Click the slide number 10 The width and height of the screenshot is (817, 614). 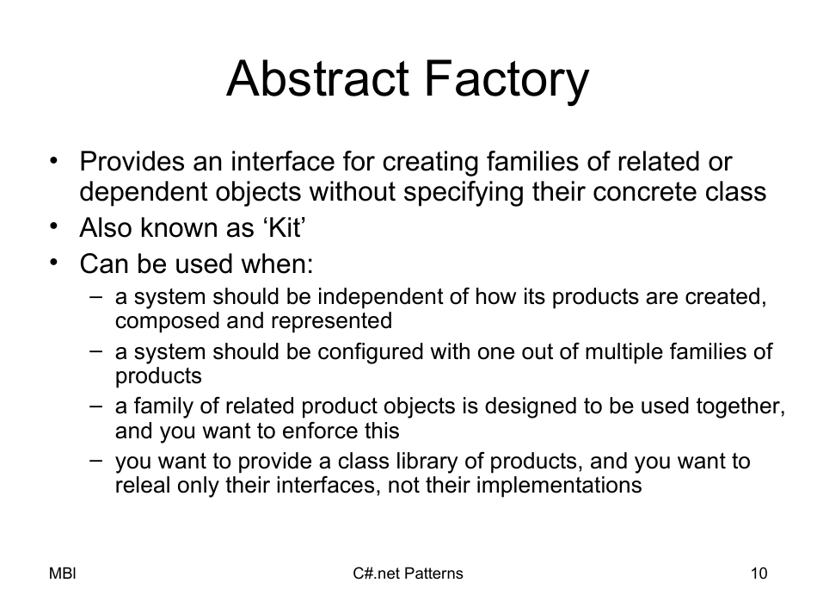click(x=759, y=574)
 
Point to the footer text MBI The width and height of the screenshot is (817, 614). click(x=63, y=574)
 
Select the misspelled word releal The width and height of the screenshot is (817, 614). click(x=139, y=485)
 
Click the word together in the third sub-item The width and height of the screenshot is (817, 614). click(x=747, y=406)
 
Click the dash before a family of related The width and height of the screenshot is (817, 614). click(x=97, y=405)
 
